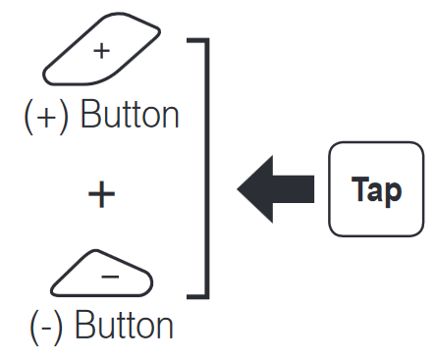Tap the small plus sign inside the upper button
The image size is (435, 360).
(101, 51)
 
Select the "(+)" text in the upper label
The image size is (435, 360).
(46, 117)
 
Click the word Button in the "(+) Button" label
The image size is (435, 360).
(130, 115)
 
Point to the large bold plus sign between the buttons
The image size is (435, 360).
(101, 194)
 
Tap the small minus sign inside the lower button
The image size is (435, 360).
(110, 278)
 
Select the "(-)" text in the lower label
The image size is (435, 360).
(46, 327)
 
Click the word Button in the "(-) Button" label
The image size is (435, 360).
(124, 325)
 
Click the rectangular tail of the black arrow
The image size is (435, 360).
(294, 189)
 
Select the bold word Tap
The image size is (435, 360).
(376, 190)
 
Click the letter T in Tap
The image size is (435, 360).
(359, 188)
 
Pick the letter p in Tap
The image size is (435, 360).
(394, 194)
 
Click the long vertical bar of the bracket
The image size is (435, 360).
(207, 169)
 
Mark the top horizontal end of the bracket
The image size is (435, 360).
(197, 40)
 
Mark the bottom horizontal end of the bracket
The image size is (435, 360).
(197, 296)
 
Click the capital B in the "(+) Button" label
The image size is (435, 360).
(89, 114)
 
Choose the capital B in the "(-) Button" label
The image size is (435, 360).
(84, 325)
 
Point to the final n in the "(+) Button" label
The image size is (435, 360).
(172, 118)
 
